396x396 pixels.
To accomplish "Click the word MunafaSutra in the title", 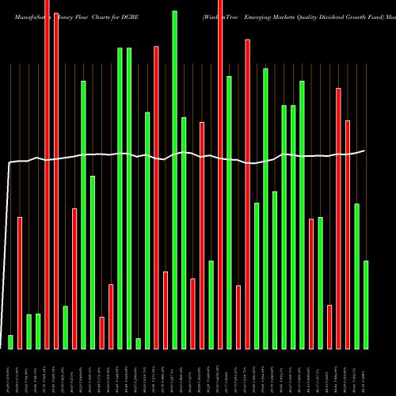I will coord(23,16).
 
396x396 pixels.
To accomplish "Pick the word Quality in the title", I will coord(335,16).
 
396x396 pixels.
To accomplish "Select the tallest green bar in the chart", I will coord(174,179).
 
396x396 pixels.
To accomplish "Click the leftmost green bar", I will coord(10,341).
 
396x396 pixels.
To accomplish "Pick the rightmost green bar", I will coord(366,304).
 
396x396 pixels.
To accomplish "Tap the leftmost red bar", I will coord(20,282).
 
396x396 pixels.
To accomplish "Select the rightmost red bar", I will coord(348,234).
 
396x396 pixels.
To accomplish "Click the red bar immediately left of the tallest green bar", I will coord(166,310).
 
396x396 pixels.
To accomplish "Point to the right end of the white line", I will coord(365,150).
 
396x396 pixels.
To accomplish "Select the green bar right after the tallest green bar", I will coord(184,233).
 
